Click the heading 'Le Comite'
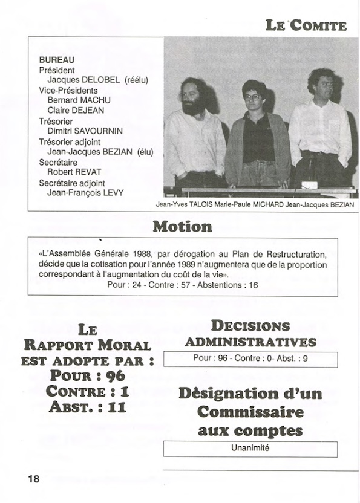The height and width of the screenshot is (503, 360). [306, 25]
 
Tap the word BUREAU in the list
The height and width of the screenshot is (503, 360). [57, 60]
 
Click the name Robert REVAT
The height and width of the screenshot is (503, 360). [70, 172]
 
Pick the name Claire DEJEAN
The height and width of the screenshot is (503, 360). [75, 111]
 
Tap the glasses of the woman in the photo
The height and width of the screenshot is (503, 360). [253, 97]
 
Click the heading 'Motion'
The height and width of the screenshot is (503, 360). [182, 227]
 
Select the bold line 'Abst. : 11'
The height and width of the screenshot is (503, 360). [88, 407]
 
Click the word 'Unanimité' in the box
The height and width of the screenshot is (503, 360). [250, 448]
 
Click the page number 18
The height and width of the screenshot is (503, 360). [33, 479]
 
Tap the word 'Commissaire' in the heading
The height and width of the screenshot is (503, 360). [250, 412]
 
